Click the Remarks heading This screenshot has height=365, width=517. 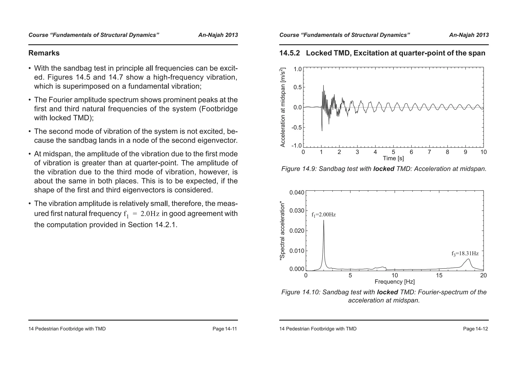[x=44, y=53]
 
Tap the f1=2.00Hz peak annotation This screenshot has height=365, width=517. [x=323, y=215]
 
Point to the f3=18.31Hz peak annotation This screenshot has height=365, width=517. [x=465, y=254]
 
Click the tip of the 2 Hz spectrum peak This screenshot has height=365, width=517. [x=324, y=220]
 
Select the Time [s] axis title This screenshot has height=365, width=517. [x=393, y=158]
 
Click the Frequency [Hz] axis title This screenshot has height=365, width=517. [x=395, y=282]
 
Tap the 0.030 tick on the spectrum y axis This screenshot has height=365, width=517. [x=297, y=210]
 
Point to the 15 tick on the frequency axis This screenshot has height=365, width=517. [x=439, y=276]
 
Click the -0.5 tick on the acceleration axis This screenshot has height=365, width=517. [x=297, y=128]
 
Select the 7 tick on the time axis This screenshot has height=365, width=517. [x=429, y=152]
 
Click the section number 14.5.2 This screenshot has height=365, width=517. [x=290, y=53]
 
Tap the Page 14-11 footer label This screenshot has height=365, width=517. [x=224, y=329]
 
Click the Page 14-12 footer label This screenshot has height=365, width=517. [x=475, y=329]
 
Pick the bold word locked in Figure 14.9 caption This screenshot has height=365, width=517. [x=383, y=169]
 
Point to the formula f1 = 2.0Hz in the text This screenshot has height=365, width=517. [x=141, y=214]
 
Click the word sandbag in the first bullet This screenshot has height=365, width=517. [x=75, y=68]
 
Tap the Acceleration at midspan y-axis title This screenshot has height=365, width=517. [x=283, y=107]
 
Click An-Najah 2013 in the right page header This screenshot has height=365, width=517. [x=469, y=35]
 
